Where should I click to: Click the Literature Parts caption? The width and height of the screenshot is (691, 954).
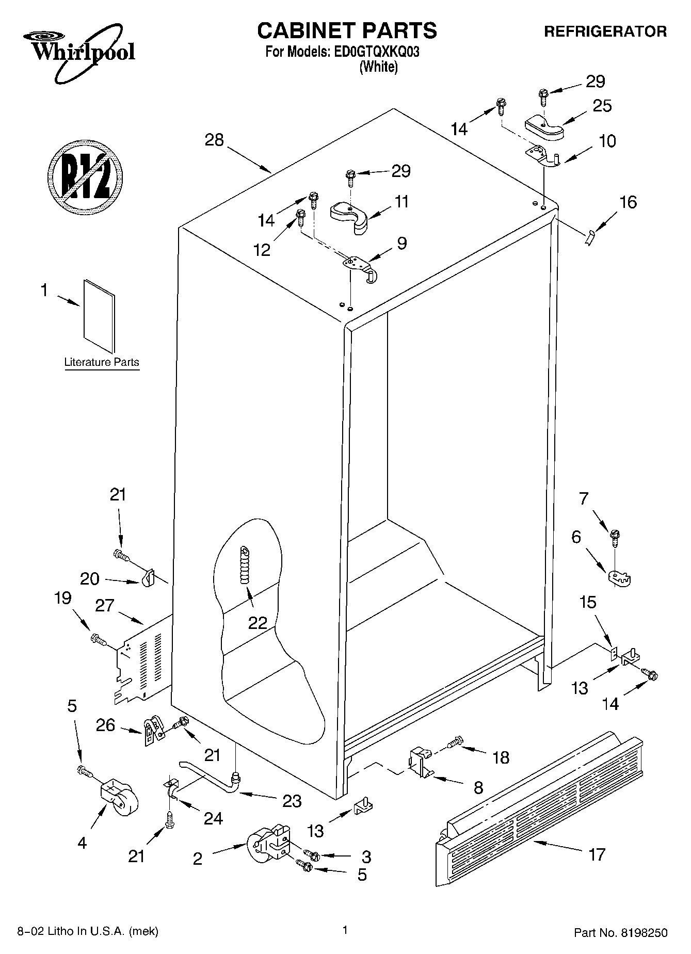[102, 362]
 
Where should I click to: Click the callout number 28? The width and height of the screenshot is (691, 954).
[214, 139]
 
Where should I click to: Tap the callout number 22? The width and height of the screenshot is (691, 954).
[258, 623]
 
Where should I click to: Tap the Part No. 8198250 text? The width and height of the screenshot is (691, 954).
[621, 933]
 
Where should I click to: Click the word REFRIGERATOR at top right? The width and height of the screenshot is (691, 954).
[605, 31]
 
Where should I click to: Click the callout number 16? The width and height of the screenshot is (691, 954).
[628, 202]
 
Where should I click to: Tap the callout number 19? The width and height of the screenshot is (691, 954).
[62, 598]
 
